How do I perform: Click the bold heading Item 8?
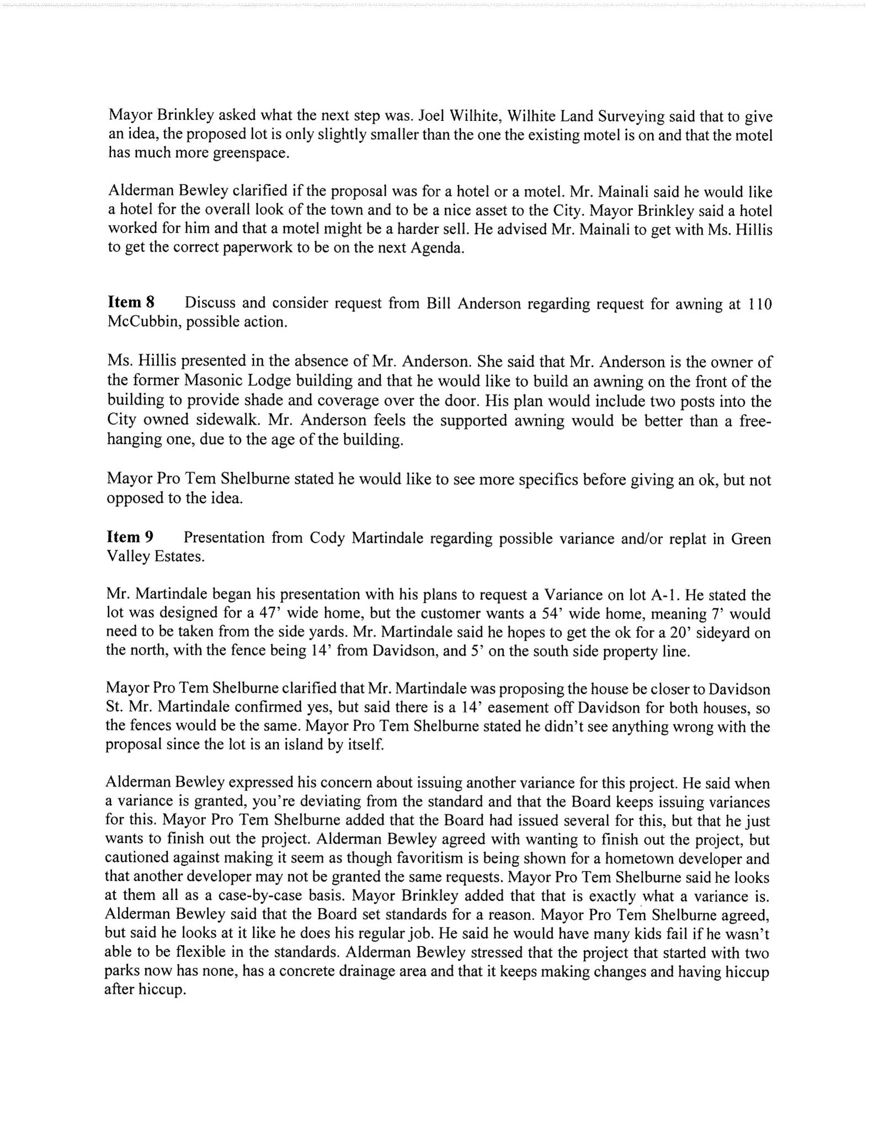pos(131,302)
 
